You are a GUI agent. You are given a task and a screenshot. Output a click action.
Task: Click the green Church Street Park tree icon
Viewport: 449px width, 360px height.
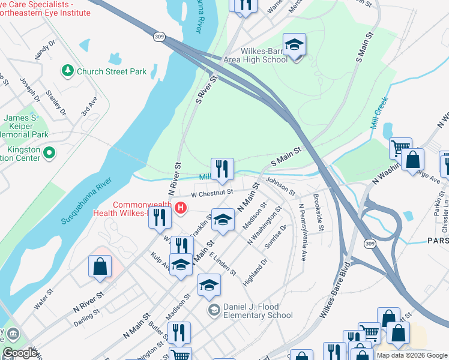point(68,71)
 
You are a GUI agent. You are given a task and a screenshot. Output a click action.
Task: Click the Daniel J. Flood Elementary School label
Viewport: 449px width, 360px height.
point(258,310)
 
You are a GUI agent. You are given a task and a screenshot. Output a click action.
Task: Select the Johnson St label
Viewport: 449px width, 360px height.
point(281,185)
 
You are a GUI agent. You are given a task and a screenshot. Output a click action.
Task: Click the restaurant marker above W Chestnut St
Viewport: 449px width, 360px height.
point(222,169)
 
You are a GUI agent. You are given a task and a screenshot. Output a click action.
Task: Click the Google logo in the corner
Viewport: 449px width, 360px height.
point(20,353)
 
